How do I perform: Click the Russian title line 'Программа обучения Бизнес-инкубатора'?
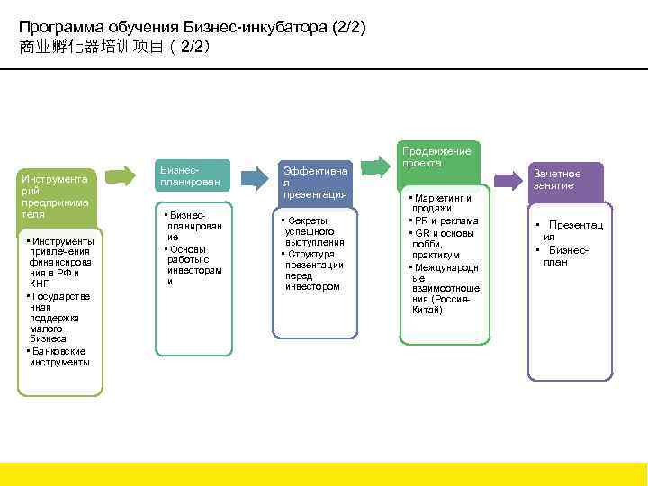[193, 28]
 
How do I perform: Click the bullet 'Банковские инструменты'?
[59, 356]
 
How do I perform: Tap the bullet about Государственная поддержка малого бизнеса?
[59, 318]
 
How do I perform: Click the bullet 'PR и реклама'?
[445, 221]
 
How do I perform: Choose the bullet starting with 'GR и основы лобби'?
[443, 244]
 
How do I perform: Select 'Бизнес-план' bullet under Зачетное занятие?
[567, 256]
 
